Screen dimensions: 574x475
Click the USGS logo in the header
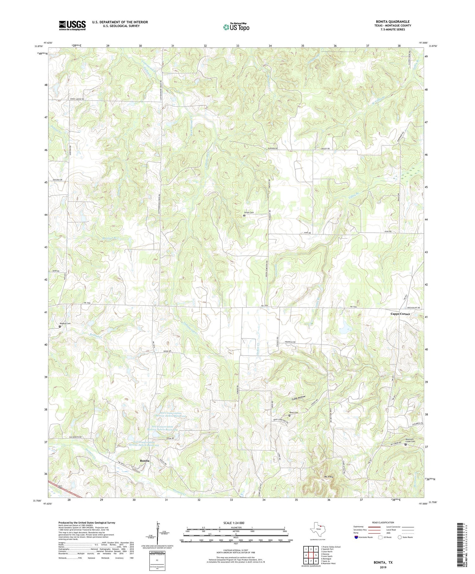tap(72, 25)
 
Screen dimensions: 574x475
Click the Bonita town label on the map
tap(145, 460)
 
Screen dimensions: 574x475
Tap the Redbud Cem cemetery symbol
tap(60, 326)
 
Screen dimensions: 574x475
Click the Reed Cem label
tap(294, 413)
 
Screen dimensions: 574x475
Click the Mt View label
tap(328, 476)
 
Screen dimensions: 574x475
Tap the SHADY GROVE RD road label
tap(77, 99)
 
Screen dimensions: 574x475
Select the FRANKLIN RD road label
tap(290, 342)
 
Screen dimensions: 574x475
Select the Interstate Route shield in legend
tap(356, 537)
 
